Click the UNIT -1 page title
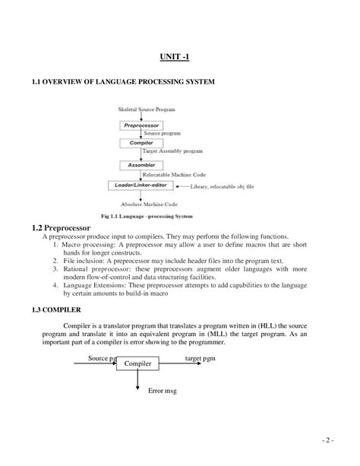point(180,56)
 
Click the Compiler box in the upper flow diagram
point(141,142)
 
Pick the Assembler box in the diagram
point(141,164)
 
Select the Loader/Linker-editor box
point(141,185)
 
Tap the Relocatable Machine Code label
point(174,174)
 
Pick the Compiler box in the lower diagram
point(137,365)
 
